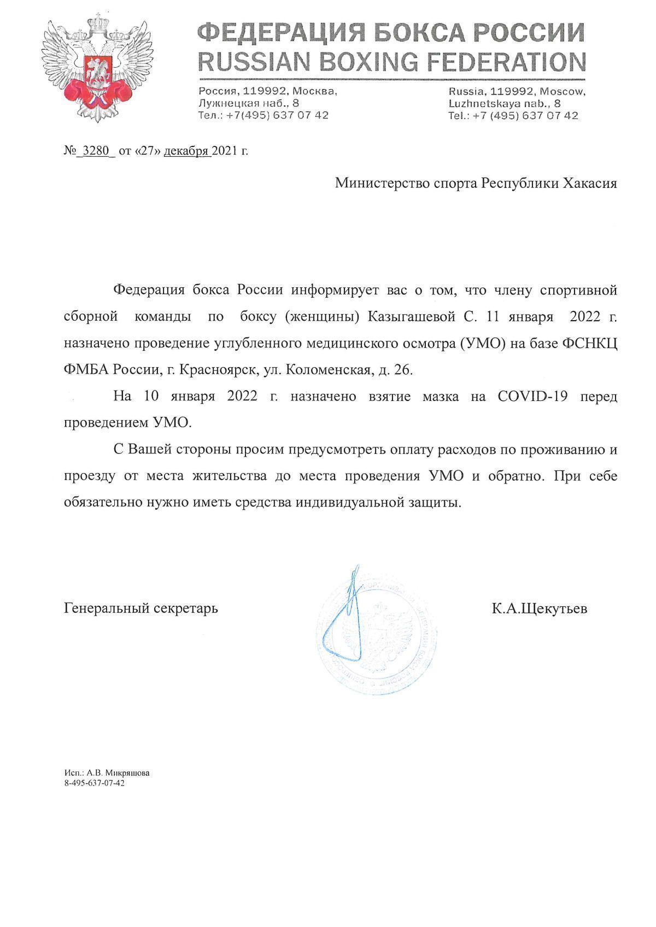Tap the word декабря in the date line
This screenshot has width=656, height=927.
[186, 151]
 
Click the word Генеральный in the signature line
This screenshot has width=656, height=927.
[104, 607]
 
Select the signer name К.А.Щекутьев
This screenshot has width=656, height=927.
[539, 607]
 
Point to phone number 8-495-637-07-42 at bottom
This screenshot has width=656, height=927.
[95, 783]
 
